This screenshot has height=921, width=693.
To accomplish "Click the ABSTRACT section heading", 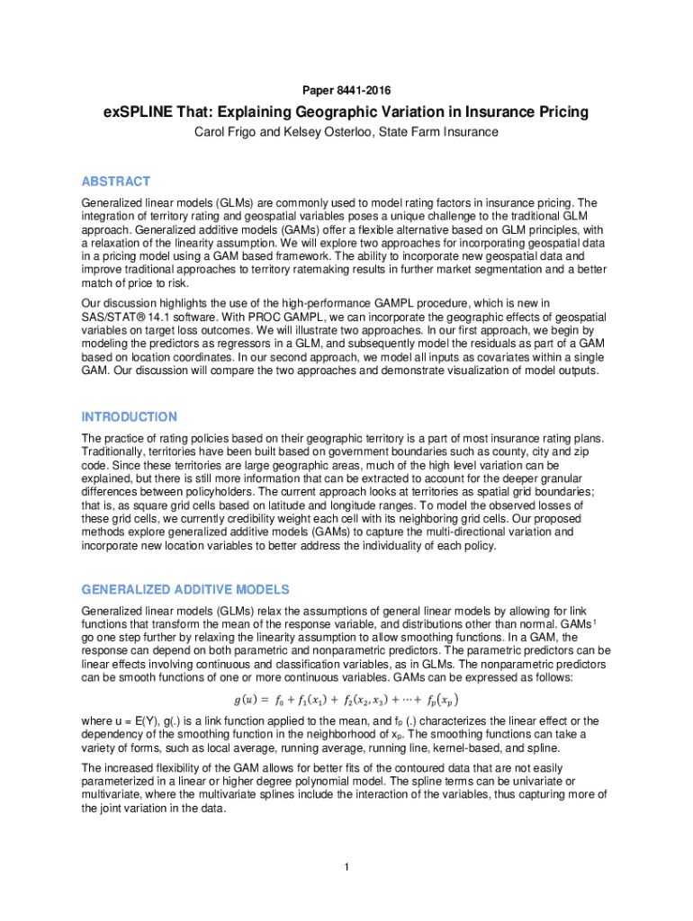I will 115,181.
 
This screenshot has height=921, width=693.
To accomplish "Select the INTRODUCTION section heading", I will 129,416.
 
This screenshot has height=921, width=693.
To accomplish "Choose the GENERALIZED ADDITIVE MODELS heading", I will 185,589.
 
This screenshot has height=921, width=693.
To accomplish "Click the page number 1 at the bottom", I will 346,866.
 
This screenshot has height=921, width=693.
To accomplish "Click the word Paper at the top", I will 319,91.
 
